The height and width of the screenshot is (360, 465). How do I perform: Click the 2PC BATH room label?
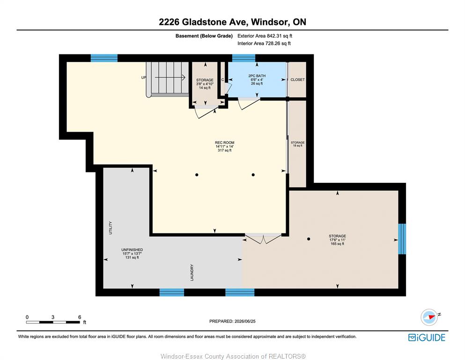[x=257, y=80]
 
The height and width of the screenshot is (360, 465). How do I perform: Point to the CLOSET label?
[x=297, y=80]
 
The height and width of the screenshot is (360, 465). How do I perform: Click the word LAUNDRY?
[x=192, y=272]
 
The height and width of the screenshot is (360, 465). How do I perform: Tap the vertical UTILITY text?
[x=111, y=228]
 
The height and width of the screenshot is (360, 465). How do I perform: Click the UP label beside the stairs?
[x=144, y=77]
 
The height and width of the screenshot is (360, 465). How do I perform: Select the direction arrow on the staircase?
[x=170, y=77]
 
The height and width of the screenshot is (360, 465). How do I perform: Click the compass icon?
[x=429, y=317]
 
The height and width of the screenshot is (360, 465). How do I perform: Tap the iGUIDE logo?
[x=427, y=337]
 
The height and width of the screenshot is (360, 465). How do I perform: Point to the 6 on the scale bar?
[x=80, y=317]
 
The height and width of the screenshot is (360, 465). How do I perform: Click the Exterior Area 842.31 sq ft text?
[x=265, y=36]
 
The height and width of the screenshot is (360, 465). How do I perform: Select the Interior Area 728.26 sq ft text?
[x=264, y=43]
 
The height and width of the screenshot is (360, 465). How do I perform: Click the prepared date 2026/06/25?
[x=245, y=321]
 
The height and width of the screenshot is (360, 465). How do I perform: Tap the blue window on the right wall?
[x=402, y=239]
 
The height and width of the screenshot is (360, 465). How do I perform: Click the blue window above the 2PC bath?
[x=244, y=58]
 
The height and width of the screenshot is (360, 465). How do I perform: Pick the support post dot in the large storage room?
[x=309, y=239]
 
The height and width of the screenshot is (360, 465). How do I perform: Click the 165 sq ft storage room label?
[x=338, y=240]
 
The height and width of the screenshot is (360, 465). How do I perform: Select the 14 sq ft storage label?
[x=205, y=84]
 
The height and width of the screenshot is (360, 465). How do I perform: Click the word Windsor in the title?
[x=270, y=22]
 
